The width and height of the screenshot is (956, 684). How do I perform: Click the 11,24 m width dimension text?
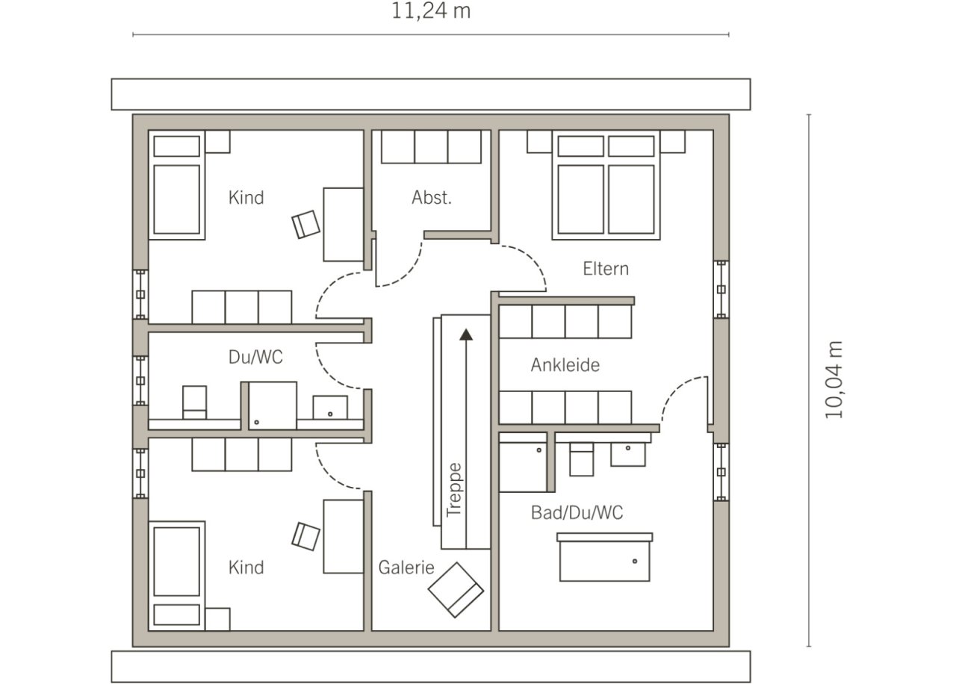(431, 11)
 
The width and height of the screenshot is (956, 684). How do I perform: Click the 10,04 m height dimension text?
(833, 380)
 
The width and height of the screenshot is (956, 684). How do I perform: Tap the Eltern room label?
(606, 269)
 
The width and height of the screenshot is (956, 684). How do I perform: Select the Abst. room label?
(432, 198)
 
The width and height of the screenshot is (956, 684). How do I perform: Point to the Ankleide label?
(565, 365)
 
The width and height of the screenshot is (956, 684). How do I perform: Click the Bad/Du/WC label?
(577, 512)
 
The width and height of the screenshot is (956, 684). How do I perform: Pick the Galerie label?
(406, 568)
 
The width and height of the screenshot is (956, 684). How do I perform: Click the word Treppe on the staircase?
(453, 490)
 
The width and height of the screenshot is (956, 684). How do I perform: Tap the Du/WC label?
(255, 357)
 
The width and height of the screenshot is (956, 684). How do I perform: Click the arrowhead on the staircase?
(466, 335)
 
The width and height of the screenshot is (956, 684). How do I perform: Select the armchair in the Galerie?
(456, 590)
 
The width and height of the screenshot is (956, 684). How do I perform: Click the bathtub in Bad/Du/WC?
(605, 557)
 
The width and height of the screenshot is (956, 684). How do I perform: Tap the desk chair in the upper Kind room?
(306, 225)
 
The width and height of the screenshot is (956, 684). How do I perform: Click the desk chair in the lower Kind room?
(305, 536)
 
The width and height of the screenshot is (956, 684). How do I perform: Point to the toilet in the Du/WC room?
(195, 402)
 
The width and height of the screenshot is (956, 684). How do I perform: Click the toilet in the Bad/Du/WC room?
(581, 459)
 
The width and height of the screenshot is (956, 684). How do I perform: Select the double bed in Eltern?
(606, 184)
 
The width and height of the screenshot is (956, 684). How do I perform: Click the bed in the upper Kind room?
(177, 184)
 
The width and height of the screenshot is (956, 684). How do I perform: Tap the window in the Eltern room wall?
(721, 289)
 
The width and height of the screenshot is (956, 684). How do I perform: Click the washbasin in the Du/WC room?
(330, 408)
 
